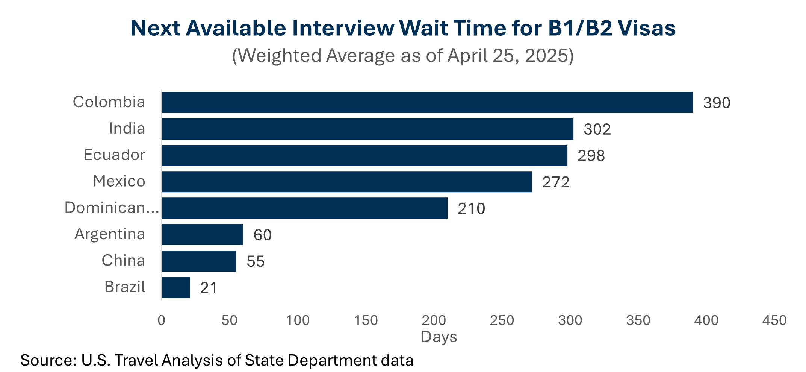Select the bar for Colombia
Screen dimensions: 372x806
click(x=427, y=102)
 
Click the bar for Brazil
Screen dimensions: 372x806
click(x=176, y=288)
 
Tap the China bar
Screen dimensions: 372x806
click(x=199, y=261)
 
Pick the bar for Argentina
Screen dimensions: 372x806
click(x=203, y=235)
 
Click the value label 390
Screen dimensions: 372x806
click(x=717, y=103)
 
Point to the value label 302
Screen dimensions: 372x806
click(x=597, y=129)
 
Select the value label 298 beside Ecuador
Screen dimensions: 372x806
click(x=591, y=156)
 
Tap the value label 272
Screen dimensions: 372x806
click(x=556, y=182)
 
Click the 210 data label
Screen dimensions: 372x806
click(x=471, y=208)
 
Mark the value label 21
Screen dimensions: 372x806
click(x=209, y=288)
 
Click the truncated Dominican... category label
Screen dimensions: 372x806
click(x=112, y=208)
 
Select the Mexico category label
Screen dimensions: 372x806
click(x=119, y=181)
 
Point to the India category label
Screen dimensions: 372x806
click(x=127, y=129)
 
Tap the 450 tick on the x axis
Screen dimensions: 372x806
click(x=774, y=320)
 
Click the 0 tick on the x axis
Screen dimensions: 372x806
click(x=162, y=320)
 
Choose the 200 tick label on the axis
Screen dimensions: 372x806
click(x=434, y=320)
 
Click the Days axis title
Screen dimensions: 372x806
click(x=439, y=337)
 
